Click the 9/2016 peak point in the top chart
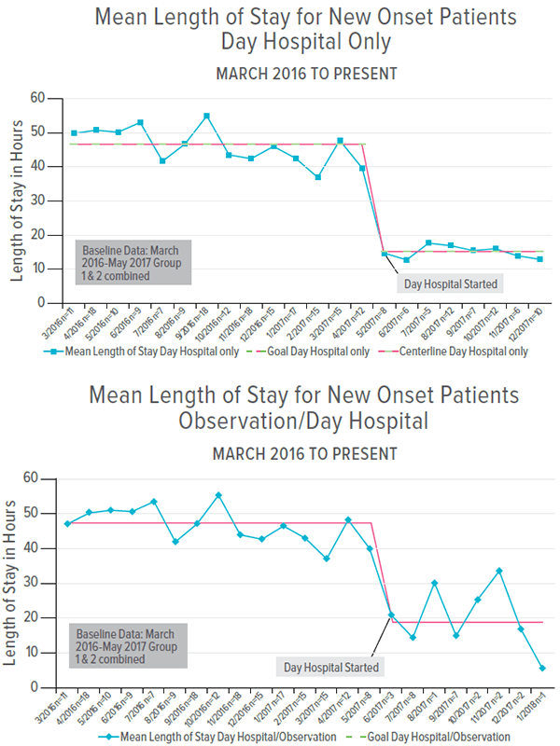[x=206, y=117]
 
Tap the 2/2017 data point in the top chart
[x=317, y=177]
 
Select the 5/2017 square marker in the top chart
[x=384, y=254]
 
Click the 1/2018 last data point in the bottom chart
[x=542, y=668]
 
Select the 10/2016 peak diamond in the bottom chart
[x=218, y=495]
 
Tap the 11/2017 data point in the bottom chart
[x=499, y=571]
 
